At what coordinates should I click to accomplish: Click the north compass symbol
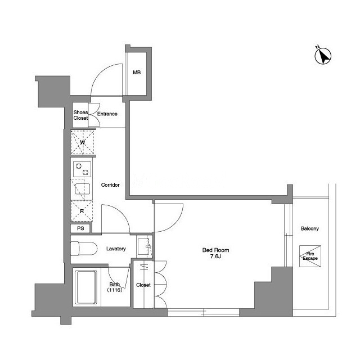(x=322, y=56)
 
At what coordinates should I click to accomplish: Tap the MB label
(x=137, y=73)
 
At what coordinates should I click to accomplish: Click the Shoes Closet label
(x=80, y=115)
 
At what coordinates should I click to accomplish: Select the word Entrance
(x=107, y=114)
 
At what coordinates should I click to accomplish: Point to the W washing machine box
(x=83, y=142)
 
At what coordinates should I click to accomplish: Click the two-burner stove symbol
(x=82, y=169)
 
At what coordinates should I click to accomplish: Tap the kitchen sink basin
(x=83, y=189)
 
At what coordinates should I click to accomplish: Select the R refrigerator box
(x=82, y=211)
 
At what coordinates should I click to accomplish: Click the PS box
(x=80, y=228)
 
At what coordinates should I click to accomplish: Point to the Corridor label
(x=110, y=185)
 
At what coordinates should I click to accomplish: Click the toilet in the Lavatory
(x=84, y=249)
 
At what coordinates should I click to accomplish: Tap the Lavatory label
(x=116, y=249)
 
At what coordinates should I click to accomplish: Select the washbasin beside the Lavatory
(x=145, y=246)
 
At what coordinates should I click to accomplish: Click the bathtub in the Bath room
(x=87, y=287)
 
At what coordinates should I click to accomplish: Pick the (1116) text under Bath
(x=115, y=290)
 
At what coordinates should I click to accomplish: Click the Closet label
(x=143, y=285)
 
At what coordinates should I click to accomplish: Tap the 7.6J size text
(x=215, y=256)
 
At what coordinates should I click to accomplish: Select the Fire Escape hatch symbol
(x=310, y=256)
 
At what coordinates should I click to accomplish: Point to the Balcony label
(x=310, y=229)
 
